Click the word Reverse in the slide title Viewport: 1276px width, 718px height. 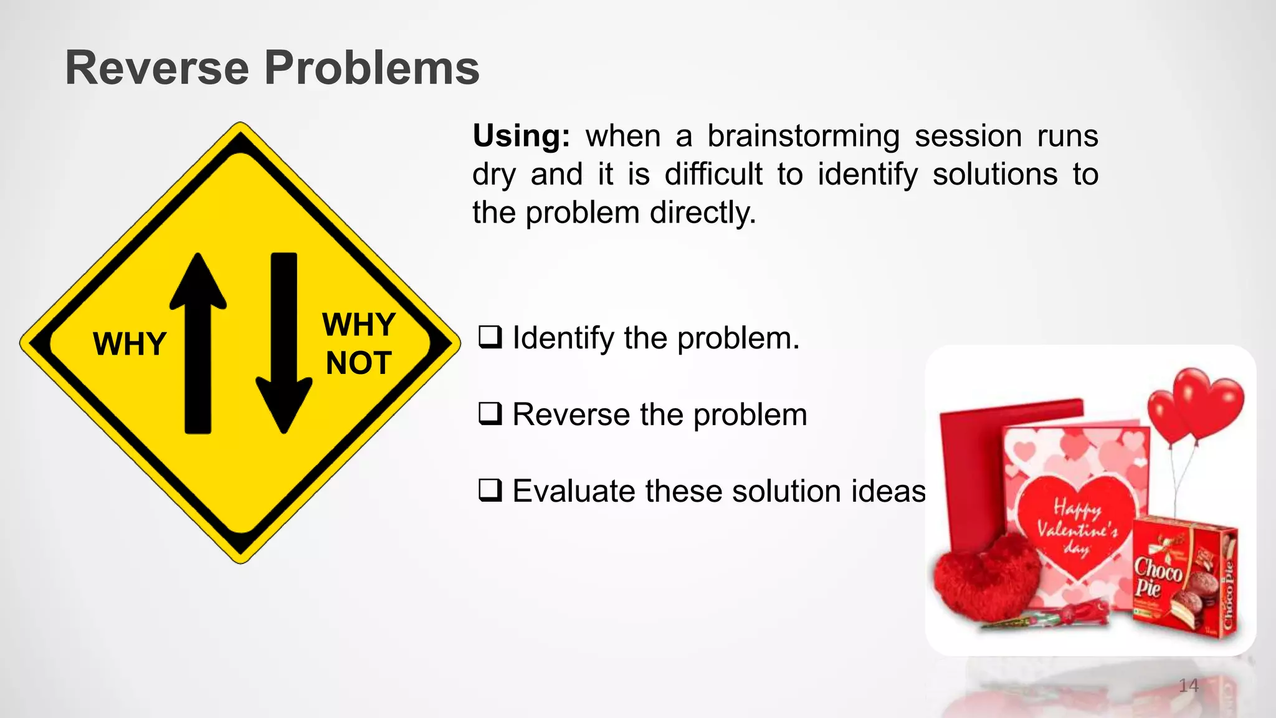157,68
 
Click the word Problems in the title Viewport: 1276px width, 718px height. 372,68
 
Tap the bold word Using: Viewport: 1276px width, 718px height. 521,136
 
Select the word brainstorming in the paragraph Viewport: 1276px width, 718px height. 803,136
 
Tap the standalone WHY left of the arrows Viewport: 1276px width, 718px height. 130,344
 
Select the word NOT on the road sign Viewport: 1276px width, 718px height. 358,363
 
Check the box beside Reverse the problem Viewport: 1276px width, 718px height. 490,414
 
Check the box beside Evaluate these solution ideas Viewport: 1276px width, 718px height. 490,491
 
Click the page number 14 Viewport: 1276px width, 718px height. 1189,686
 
